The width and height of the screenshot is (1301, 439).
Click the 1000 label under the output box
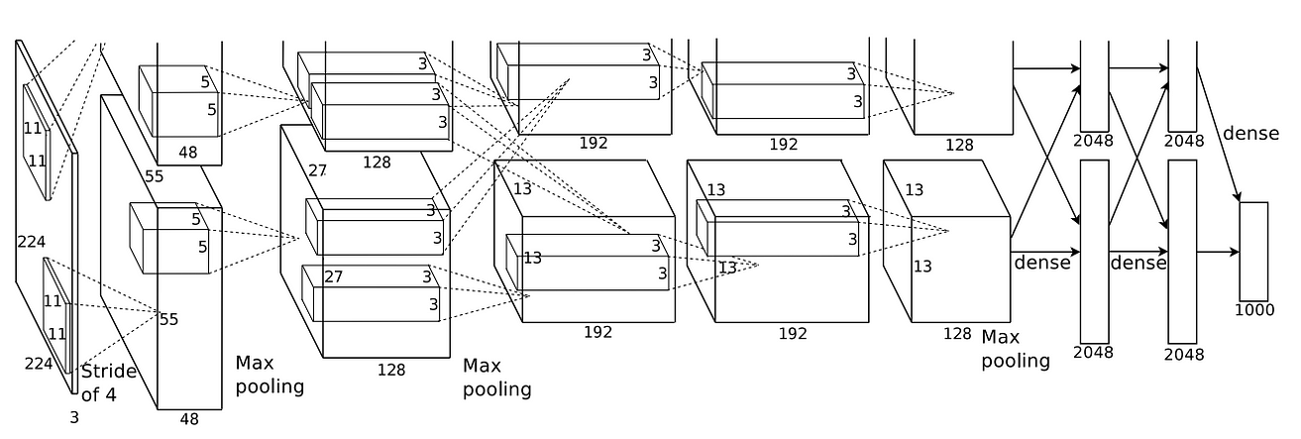point(1254,310)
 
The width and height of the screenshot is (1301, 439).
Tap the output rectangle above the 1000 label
point(1253,251)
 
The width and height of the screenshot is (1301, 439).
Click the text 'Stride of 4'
point(108,384)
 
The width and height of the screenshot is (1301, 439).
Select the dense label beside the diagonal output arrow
point(1251,133)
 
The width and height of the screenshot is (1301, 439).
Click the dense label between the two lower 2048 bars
point(1138,263)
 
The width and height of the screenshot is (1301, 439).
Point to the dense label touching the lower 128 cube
point(1041,263)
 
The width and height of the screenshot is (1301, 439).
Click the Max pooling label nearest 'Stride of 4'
point(270,375)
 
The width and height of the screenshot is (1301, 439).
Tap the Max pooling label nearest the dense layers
point(1015,349)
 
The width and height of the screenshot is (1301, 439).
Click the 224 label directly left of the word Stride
point(39,364)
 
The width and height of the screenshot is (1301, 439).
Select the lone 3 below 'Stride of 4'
point(73,417)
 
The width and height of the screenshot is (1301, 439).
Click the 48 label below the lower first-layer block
point(188,418)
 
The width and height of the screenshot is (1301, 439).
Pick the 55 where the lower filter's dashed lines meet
point(168,318)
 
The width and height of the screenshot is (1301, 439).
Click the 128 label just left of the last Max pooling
point(956,334)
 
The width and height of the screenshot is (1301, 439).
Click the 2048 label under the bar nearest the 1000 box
point(1184,353)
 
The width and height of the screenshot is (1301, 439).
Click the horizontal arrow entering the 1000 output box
point(1218,252)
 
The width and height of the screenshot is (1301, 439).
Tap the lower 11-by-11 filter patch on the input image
point(56,314)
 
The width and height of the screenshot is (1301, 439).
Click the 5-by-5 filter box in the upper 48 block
point(178,101)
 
